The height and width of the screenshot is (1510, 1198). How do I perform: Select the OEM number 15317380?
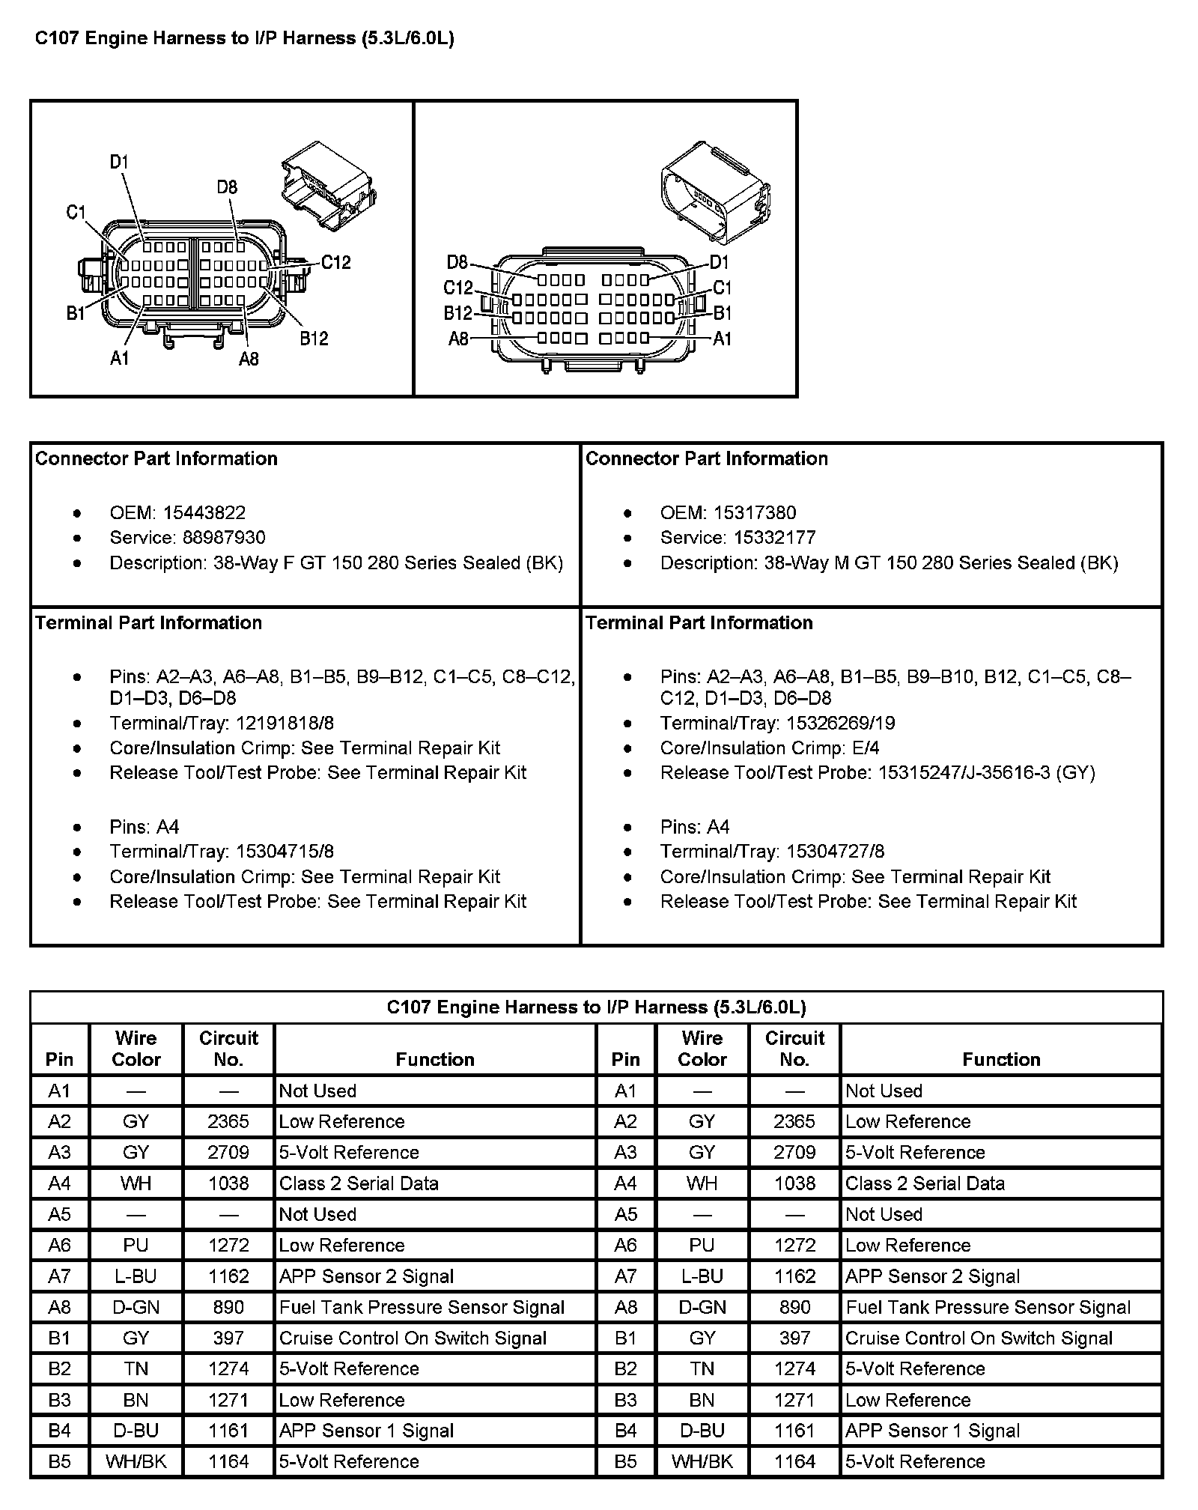755,513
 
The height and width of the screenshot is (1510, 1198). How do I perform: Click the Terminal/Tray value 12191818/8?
285,723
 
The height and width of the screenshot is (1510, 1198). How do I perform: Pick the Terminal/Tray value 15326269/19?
840,723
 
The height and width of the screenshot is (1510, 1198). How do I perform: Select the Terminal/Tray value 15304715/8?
285,852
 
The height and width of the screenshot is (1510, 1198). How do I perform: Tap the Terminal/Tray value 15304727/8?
835,852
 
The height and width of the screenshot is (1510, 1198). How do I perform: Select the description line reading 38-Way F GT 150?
336,563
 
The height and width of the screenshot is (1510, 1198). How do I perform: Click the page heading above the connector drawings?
245,39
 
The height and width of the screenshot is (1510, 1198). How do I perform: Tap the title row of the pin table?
596,1007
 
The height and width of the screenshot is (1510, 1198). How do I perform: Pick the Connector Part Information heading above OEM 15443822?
156,459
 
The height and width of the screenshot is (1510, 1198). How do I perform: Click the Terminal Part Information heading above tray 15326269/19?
699,623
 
